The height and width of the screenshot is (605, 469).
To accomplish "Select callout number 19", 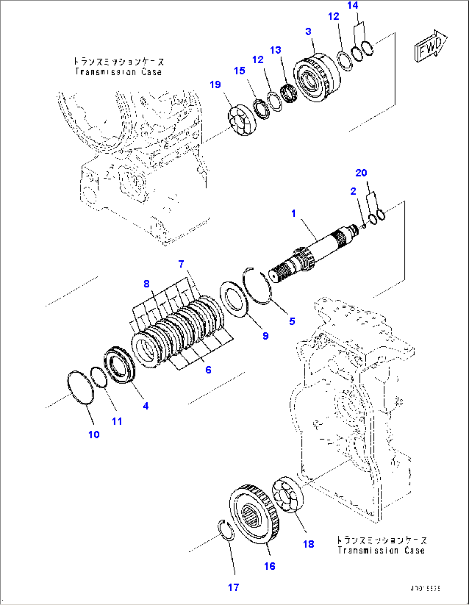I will click(215, 85).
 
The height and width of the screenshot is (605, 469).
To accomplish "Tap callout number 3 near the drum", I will click(308, 31).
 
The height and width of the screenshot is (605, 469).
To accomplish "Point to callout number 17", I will click(233, 587).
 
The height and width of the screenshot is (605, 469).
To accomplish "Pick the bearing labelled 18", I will click(288, 495).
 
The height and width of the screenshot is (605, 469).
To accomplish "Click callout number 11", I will click(117, 421).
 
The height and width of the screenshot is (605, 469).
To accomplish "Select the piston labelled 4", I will click(120, 366).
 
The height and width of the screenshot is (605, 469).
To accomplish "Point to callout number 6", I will click(208, 370).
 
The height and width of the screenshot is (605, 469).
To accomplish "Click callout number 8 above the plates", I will click(147, 284).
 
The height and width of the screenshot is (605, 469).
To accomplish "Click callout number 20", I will click(361, 173).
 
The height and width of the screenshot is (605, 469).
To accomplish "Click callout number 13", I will click(275, 50).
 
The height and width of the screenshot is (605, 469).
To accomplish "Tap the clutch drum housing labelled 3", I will click(316, 77).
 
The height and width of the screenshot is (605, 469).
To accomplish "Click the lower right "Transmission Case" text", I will click(381, 550).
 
